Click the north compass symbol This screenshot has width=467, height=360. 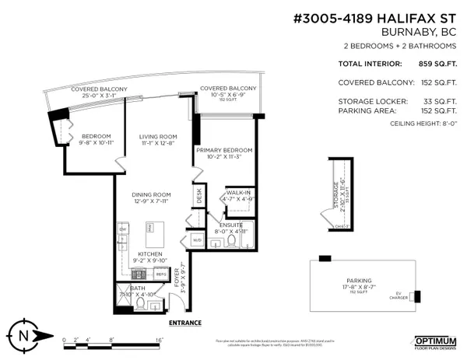24,335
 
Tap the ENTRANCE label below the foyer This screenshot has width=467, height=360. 185,323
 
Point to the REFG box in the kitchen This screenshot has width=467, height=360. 162,274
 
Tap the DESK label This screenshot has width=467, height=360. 199,198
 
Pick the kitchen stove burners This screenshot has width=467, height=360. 140,274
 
